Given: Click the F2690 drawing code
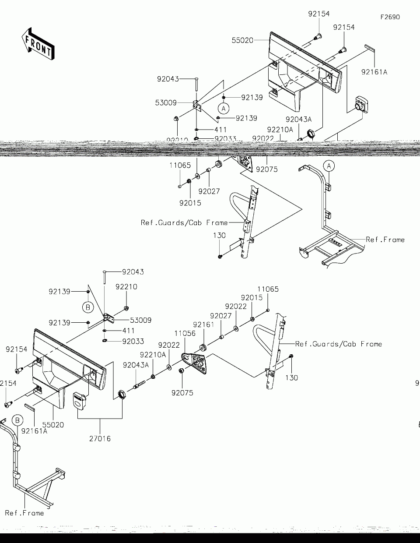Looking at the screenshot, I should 390,18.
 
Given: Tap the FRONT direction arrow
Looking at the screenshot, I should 38,44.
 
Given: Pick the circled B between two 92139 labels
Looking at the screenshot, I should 88,307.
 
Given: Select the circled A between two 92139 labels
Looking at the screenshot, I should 224,108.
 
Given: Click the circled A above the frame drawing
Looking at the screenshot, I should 329,166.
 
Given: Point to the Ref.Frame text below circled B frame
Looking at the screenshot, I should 24,513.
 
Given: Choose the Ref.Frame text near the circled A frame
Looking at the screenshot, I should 385,240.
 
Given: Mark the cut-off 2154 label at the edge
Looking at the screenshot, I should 8,384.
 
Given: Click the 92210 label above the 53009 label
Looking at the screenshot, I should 126,287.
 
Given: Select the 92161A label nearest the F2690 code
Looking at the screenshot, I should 374,72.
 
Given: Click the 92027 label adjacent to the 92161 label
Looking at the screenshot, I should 221,316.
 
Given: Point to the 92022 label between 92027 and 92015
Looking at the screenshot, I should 236,307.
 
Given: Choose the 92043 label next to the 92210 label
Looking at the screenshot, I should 133,272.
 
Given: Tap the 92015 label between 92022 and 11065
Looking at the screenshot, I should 252,298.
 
